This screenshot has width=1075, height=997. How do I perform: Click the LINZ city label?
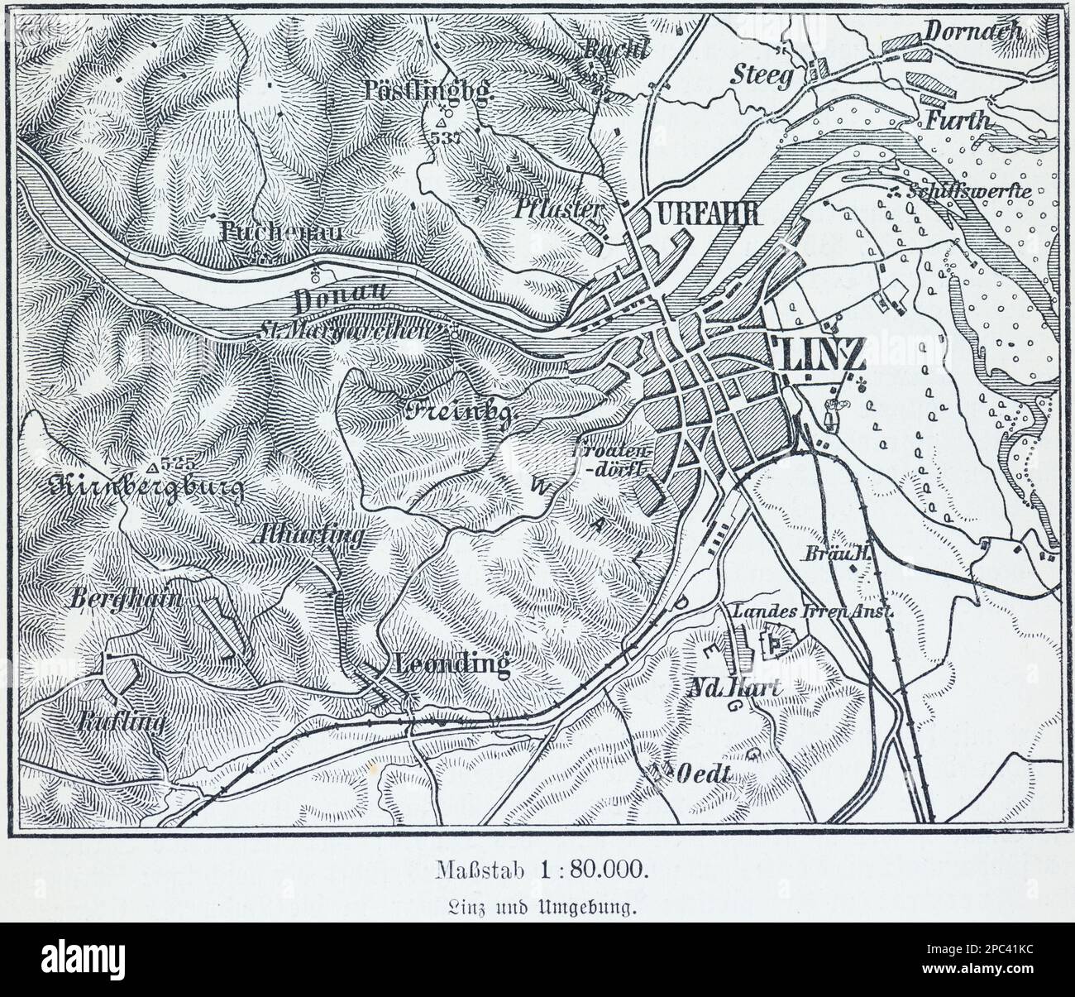pos(819,354)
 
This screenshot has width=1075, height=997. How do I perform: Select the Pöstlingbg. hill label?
pos(428,89)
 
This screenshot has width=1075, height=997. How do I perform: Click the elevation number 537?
pos(444,138)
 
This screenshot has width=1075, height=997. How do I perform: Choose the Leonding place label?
pos(452,664)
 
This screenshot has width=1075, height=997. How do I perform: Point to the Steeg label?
pos(762,75)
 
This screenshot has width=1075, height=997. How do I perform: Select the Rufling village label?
pos(122,723)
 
